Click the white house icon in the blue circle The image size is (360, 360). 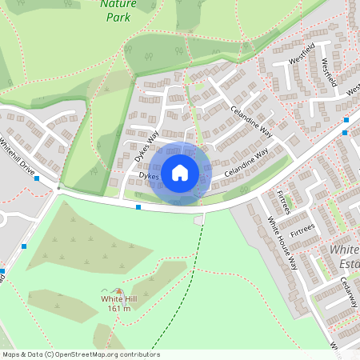coord(180,171)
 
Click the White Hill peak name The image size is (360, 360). coord(118,299)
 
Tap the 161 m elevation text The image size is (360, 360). coord(118,309)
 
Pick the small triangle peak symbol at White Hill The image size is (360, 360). coord(119,290)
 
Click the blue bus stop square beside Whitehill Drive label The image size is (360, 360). coord(38,178)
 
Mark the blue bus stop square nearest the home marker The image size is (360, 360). coord(138,207)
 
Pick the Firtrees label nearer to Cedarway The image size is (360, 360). coord(303,230)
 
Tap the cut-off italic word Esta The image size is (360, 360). coord(350,264)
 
